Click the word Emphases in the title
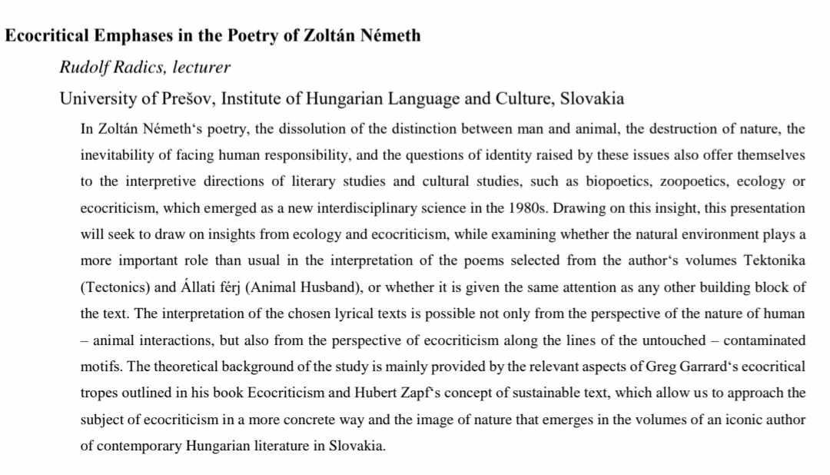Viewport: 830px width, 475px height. (x=134, y=35)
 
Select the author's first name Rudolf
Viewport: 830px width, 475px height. (x=81, y=67)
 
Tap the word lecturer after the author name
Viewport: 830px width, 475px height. (x=201, y=67)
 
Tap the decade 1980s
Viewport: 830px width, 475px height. (x=526, y=208)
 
